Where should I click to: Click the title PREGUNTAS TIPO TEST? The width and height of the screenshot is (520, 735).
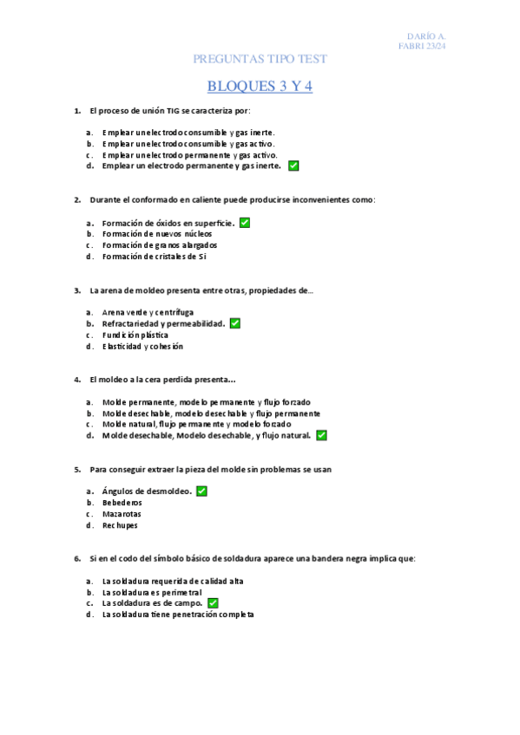coord(260,59)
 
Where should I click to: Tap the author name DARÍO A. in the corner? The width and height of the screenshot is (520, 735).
coord(428,36)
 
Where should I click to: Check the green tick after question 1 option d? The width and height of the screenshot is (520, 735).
coord(293,165)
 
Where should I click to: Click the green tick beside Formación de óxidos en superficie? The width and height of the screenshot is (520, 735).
coord(245,223)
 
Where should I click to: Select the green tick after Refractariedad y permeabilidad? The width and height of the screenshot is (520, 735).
coord(235,323)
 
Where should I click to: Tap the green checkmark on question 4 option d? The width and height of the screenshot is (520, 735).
coord(321,435)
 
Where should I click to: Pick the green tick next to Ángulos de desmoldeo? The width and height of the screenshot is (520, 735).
coord(201,491)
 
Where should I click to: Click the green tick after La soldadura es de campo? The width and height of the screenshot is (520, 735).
coord(213,602)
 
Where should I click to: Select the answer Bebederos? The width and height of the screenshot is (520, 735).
coord(122,503)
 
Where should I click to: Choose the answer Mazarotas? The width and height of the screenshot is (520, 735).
coord(122,514)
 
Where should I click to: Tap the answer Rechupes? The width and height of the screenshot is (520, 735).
coord(120,525)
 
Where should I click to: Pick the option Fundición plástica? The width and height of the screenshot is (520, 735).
coord(135,335)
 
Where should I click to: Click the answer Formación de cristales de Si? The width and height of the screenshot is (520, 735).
coord(154,257)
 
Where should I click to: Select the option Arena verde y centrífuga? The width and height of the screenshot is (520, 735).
coord(148,312)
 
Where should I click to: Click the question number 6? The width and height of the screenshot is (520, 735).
coord(77,559)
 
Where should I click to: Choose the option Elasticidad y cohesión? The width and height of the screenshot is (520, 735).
coord(142,347)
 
